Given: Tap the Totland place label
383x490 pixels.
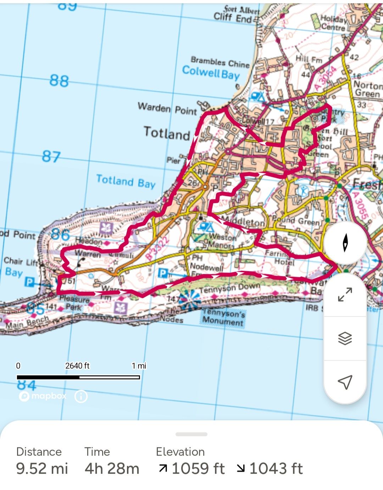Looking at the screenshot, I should point(167,133).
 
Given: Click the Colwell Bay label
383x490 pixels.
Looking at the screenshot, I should point(211,73).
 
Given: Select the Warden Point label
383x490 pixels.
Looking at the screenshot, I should point(167,108).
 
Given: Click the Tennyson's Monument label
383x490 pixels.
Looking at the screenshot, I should point(223,317).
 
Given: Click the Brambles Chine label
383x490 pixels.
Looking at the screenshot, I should point(220,62).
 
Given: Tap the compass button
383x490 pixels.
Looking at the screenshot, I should point(345,243).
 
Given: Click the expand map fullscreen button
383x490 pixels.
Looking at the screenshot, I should point(345,294).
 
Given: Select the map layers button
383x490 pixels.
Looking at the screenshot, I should point(345,338).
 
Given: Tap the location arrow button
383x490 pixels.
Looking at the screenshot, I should point(345,382).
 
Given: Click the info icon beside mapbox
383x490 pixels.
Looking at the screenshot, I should point(81,396).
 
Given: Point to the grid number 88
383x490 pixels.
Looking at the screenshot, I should point(59,81).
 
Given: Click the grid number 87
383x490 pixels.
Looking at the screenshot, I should point(51,156).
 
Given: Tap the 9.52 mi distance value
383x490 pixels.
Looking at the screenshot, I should point(42,468).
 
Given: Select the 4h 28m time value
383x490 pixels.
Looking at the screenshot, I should point(112,468).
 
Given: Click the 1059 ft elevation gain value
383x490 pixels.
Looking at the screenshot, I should point(198,468).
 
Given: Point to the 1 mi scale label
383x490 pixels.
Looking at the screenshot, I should point(139,366).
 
